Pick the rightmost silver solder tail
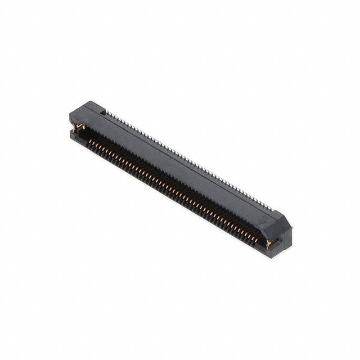[274, 209]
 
